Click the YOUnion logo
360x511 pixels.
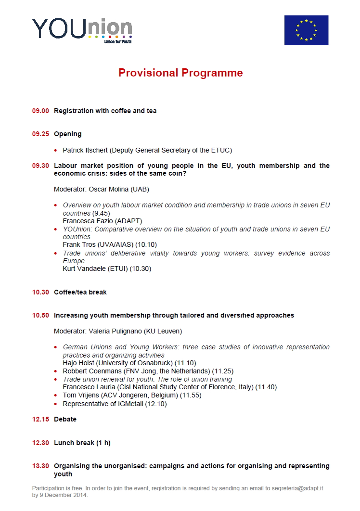(x=82, y=30)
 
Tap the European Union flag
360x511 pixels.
(x=306, y=30)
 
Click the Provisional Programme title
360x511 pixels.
(x=180, y=73)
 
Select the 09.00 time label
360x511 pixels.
(x=41, y=111)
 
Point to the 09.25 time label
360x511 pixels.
(x=41, y=134)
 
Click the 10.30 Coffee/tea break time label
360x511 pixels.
(x=41, y=293)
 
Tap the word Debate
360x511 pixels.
(x=65, y=420)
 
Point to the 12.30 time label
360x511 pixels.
(x=41, y=443)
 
